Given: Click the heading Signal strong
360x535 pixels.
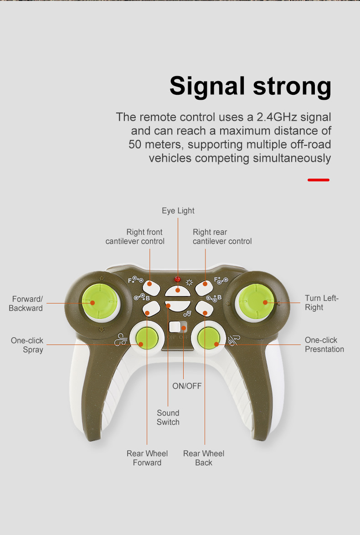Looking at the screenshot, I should click(x=250, y=86).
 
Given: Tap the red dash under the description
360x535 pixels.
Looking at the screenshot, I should click(x=318, y=180).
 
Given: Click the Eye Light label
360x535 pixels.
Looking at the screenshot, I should click(x=178, y=211).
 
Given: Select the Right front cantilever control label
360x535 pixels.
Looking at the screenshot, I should click(x=135, y=237).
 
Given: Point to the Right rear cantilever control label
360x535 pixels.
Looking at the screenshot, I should click(x=222, y=237).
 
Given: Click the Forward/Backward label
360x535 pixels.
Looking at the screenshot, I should click(x=26, y=304).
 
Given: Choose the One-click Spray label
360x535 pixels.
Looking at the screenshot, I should click(x=27, y=345).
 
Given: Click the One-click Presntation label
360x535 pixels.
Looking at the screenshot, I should click(x=324, y=345).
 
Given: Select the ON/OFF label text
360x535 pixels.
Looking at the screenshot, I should click(x=186, y=386).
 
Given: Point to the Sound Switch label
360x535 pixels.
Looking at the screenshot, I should click(x=168, y=417).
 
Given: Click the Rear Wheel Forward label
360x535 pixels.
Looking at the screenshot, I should click(x=147, y=458).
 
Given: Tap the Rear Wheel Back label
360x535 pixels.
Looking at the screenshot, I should click(x=204, y=458).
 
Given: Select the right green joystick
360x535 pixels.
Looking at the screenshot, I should click(x=256, y=301).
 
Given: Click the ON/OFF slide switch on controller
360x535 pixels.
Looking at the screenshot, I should click(x=178, y=327).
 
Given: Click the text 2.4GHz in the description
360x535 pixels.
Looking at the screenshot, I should click(x=277, y=117).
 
